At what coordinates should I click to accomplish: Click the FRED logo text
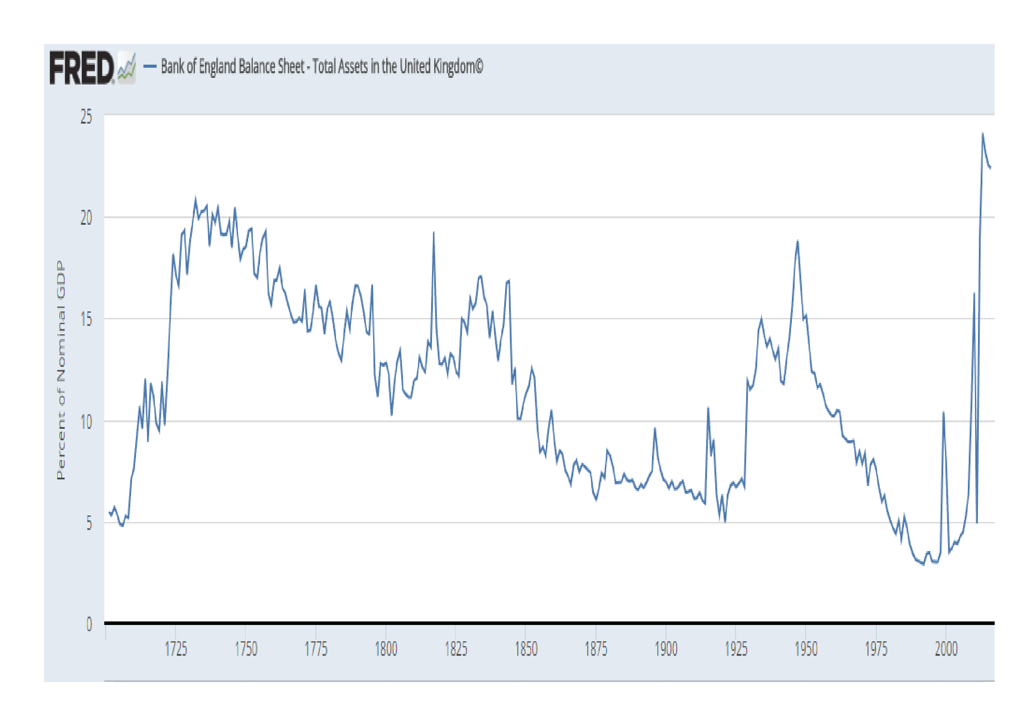[x=81, y=68]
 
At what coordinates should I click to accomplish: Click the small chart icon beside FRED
[x=127, y=68]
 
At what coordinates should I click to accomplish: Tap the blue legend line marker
[x=150, y=67]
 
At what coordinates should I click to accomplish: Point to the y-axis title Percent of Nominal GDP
[x=61, y=370]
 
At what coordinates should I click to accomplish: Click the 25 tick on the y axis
[x=86, y=117]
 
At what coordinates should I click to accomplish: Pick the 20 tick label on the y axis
[x=86, y=218]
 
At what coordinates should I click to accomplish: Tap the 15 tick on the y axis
[x=86, y=319]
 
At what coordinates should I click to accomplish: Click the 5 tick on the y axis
[x=89, y=523]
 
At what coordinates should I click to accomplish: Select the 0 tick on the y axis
[x=89, y=624]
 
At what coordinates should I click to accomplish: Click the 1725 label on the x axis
[x=176, y=649]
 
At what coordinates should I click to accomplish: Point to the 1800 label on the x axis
[x=386, y=649]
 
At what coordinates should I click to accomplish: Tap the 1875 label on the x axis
[x=596, y=649]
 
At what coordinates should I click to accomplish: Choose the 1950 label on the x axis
[x=806, y=649]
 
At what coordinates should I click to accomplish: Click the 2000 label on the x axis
[x=946, y=649]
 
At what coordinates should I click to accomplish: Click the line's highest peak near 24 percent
[x=983, y=134]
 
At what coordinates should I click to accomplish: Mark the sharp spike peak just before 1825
[x=433, y=233]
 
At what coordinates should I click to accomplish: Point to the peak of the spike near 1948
[x=798, y=242]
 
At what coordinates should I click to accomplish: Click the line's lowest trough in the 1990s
[x=923, y=564]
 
